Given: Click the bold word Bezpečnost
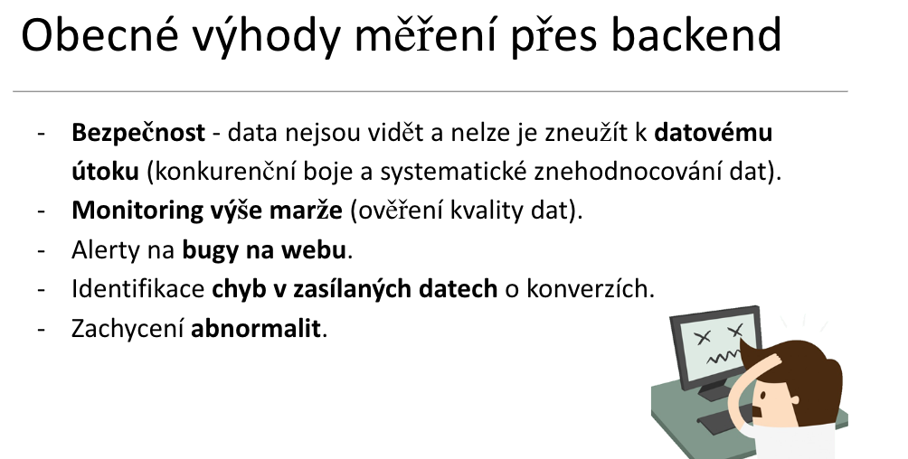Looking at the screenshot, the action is click(x=137, y=133).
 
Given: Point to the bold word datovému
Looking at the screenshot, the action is click(x=714, y=133).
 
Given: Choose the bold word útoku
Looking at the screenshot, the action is click(x=106, y=172).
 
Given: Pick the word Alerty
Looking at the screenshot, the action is click(x=105, y=250).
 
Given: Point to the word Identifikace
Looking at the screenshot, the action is click(x=137, y=288).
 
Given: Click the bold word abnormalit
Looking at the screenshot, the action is click(x=255, y=328).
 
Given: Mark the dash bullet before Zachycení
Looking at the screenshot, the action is click(x=41, y=330).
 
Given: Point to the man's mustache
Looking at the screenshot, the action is click(x=761, y=412).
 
